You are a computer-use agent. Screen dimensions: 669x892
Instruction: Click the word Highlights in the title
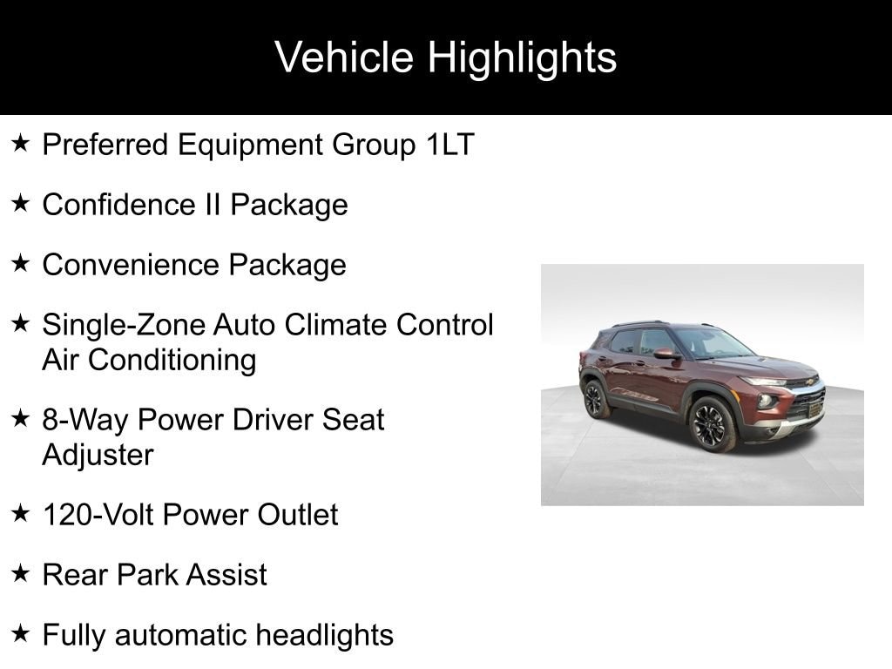(522, 58)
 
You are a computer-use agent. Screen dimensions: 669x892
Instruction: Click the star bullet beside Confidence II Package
(21, 204)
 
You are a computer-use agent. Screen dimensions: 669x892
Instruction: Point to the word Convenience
(132, 265)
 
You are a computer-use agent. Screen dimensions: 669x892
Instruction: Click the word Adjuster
(98, 455)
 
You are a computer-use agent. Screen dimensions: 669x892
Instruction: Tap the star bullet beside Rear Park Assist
(21, 574)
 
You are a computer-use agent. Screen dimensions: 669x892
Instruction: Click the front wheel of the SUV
(711, 424)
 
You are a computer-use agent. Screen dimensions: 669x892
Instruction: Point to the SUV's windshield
(710, 342)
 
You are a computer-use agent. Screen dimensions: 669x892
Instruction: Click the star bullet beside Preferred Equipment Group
(21, 144)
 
